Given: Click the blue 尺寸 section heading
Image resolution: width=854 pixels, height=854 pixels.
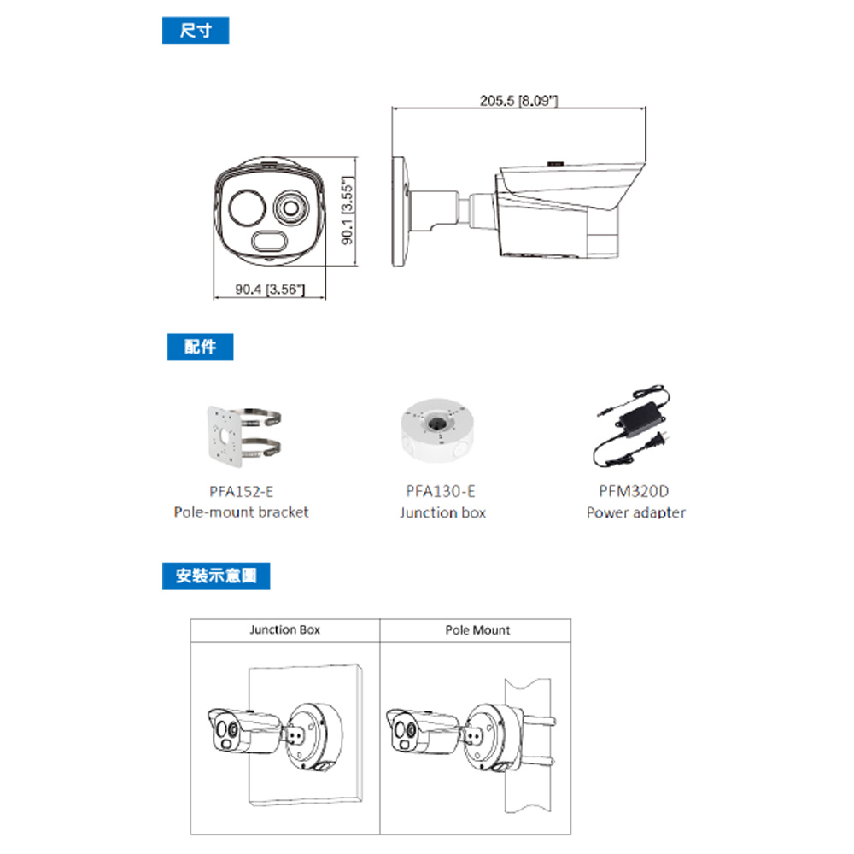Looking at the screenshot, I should (x=196, y=32).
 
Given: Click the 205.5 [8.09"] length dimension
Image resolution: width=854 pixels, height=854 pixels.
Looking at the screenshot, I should (x=519, y=101).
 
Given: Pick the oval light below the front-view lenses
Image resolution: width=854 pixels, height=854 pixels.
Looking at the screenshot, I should (x=270, y=242).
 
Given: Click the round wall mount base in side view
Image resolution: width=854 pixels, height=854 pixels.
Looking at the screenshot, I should (x=400, y=213).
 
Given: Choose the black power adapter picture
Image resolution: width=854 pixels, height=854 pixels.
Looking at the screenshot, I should (x=634, y=430).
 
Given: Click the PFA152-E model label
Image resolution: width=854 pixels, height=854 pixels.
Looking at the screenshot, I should (x=241, y=491).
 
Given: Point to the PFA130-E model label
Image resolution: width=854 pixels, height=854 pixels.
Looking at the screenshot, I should (x=442, y=491).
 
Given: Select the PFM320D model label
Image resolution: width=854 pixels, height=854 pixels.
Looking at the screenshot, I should (x=635, y=491).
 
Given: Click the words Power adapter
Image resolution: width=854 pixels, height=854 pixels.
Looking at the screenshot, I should (x=635, y=512).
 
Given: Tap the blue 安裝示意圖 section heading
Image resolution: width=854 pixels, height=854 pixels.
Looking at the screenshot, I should (x=216, y=576).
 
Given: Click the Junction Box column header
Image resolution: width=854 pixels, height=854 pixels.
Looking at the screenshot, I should (x=284, y=629).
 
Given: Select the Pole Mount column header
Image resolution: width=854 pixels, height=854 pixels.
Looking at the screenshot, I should (x=477, y=629).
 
